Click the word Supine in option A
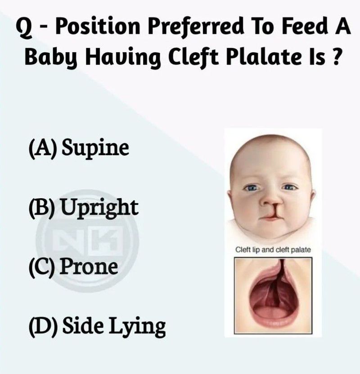[x=95, y=148]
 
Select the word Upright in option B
[x=99, y=208]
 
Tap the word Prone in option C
[x=89, y=266]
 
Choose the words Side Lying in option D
[x=114, y=326]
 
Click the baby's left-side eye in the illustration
[x=251, y=188]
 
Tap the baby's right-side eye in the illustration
[x=289, y=187]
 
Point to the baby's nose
[x=271, y=200]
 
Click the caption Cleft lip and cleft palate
[x=273, y=250]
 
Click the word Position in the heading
[x=98, y=27]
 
